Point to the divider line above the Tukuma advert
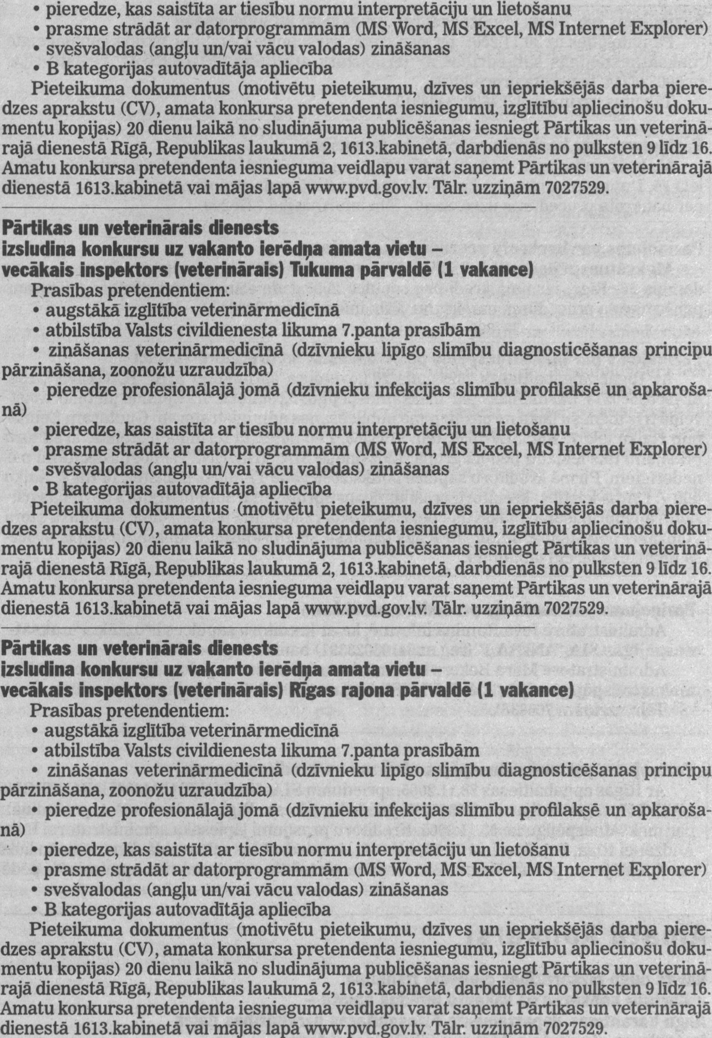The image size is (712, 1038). (x=268, y=208)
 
